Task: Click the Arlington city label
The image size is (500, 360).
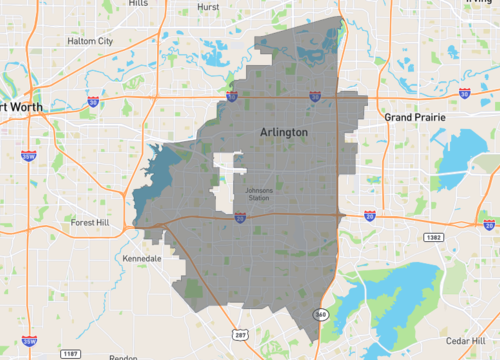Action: (284, 132)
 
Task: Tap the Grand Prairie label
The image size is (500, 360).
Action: (415, 117)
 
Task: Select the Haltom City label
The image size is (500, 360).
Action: (90, 41)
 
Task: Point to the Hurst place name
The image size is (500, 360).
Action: (209, 5)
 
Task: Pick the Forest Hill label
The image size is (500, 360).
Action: (94, 222)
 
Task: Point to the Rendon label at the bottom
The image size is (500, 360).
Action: (123, 356)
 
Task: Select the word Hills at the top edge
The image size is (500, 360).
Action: (138, 4)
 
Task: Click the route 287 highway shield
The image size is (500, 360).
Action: (240, 333)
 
